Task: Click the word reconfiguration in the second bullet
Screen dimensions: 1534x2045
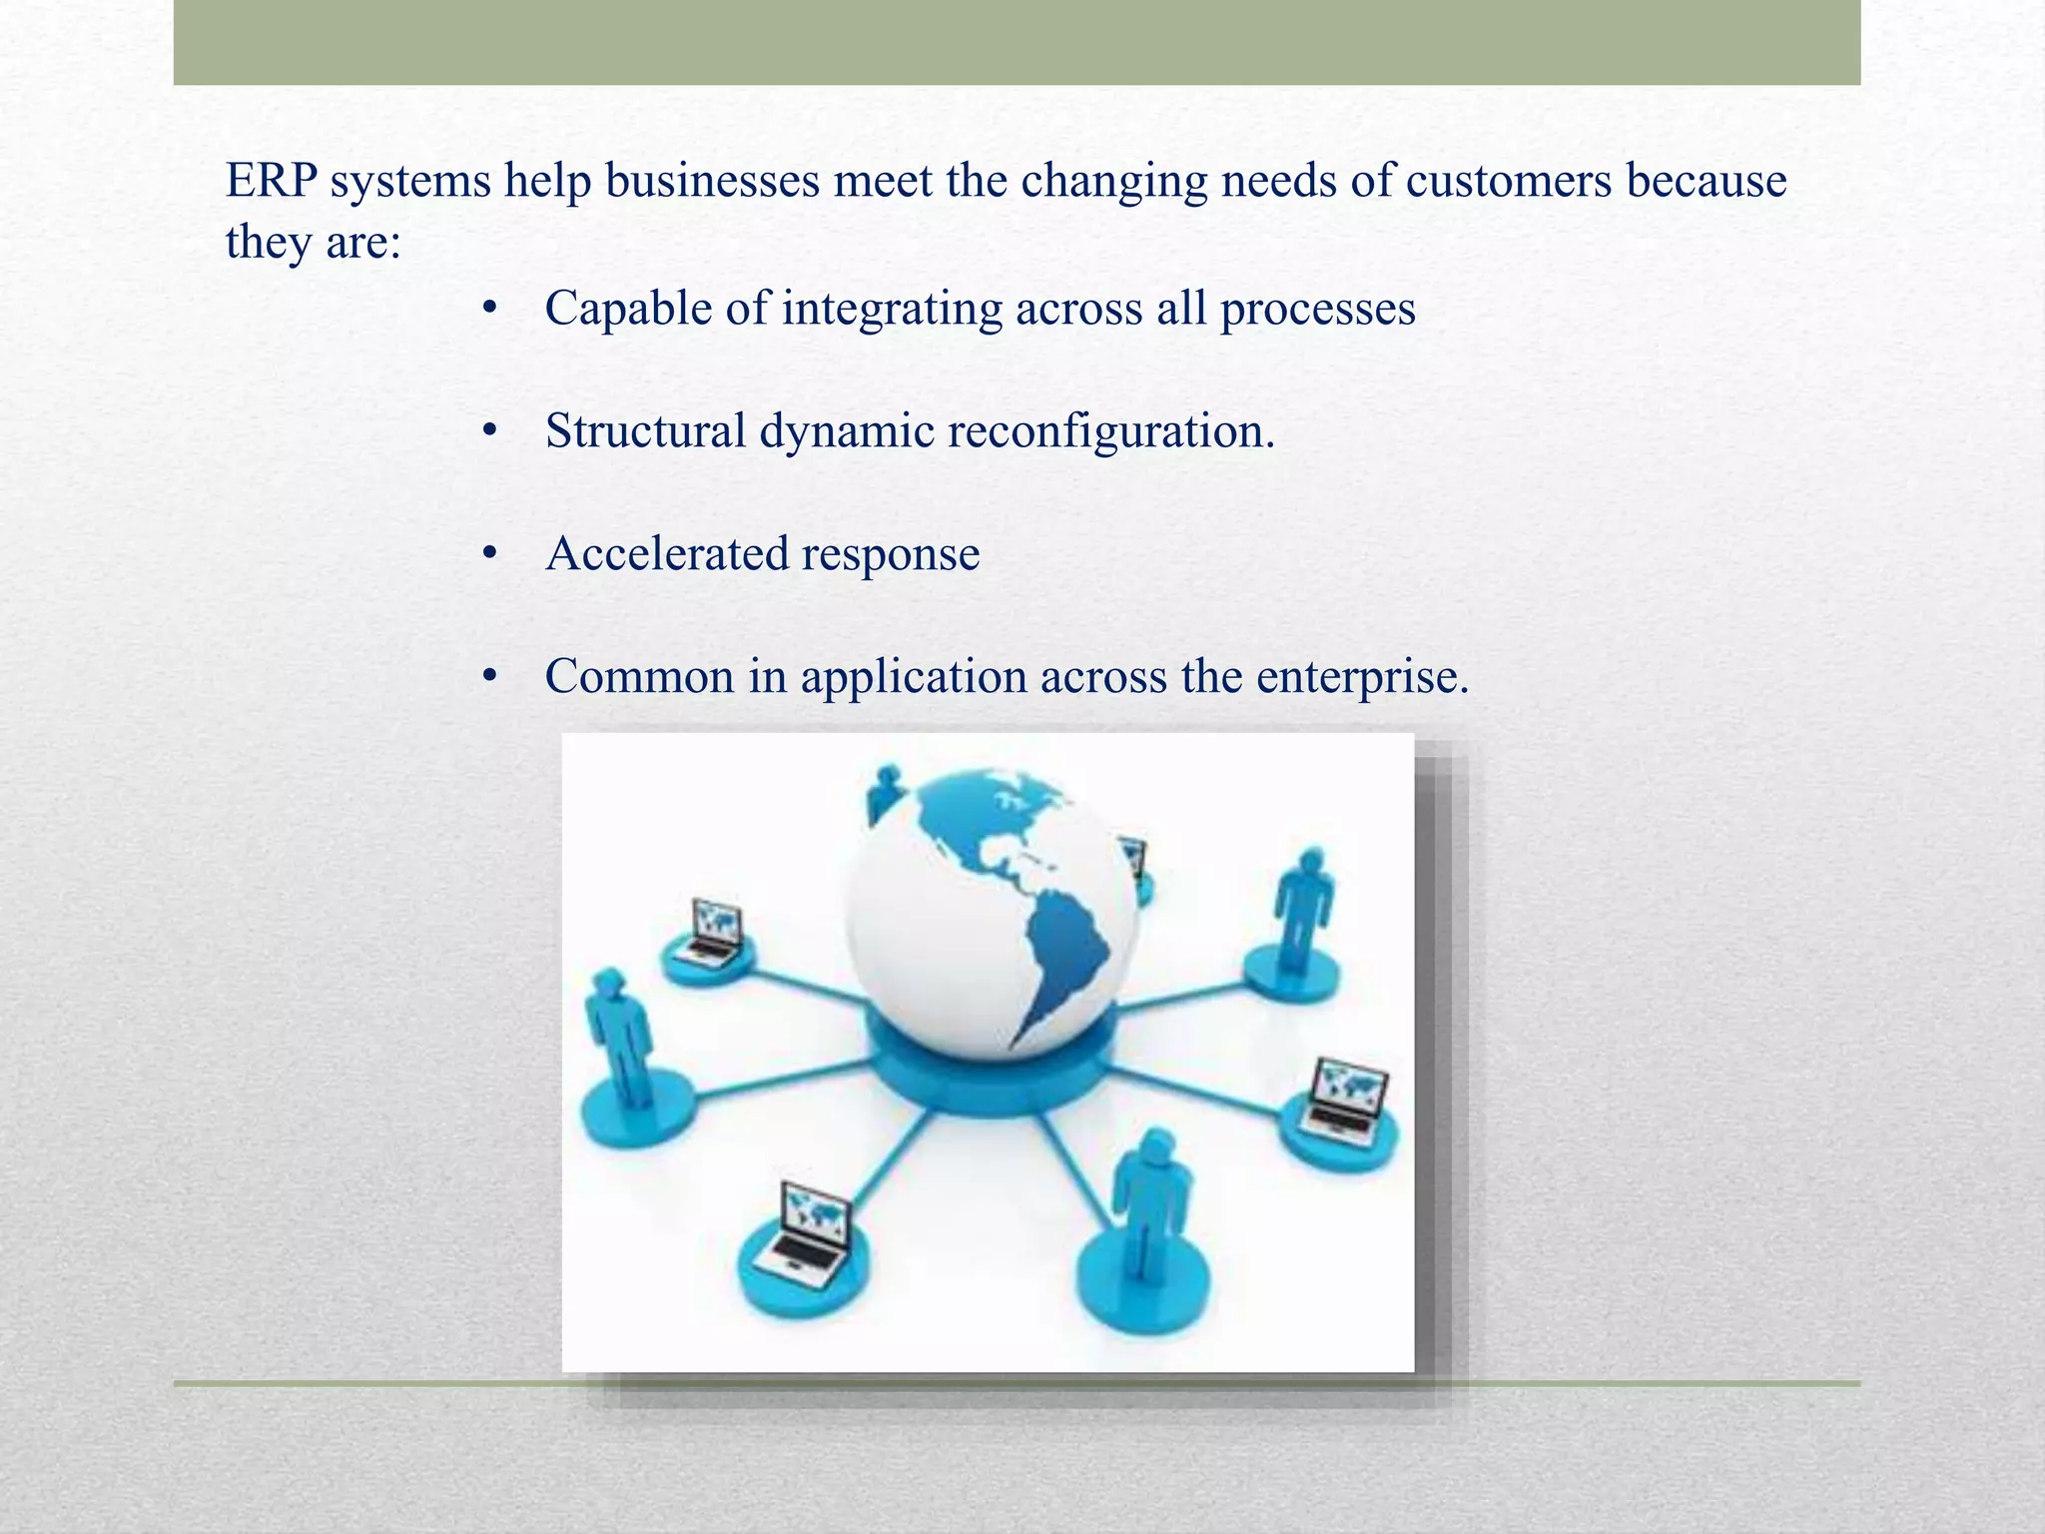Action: pos(1109,431)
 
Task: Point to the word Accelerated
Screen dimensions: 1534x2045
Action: pos(663,554)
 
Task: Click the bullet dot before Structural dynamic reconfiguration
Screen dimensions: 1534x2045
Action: pos(489,431)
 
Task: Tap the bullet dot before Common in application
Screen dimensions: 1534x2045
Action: pos(489,677)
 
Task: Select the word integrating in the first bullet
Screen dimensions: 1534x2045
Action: pos(892,309)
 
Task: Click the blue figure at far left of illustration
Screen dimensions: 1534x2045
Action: pos(619,1039)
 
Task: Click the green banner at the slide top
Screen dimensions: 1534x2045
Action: pos(1017,42)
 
